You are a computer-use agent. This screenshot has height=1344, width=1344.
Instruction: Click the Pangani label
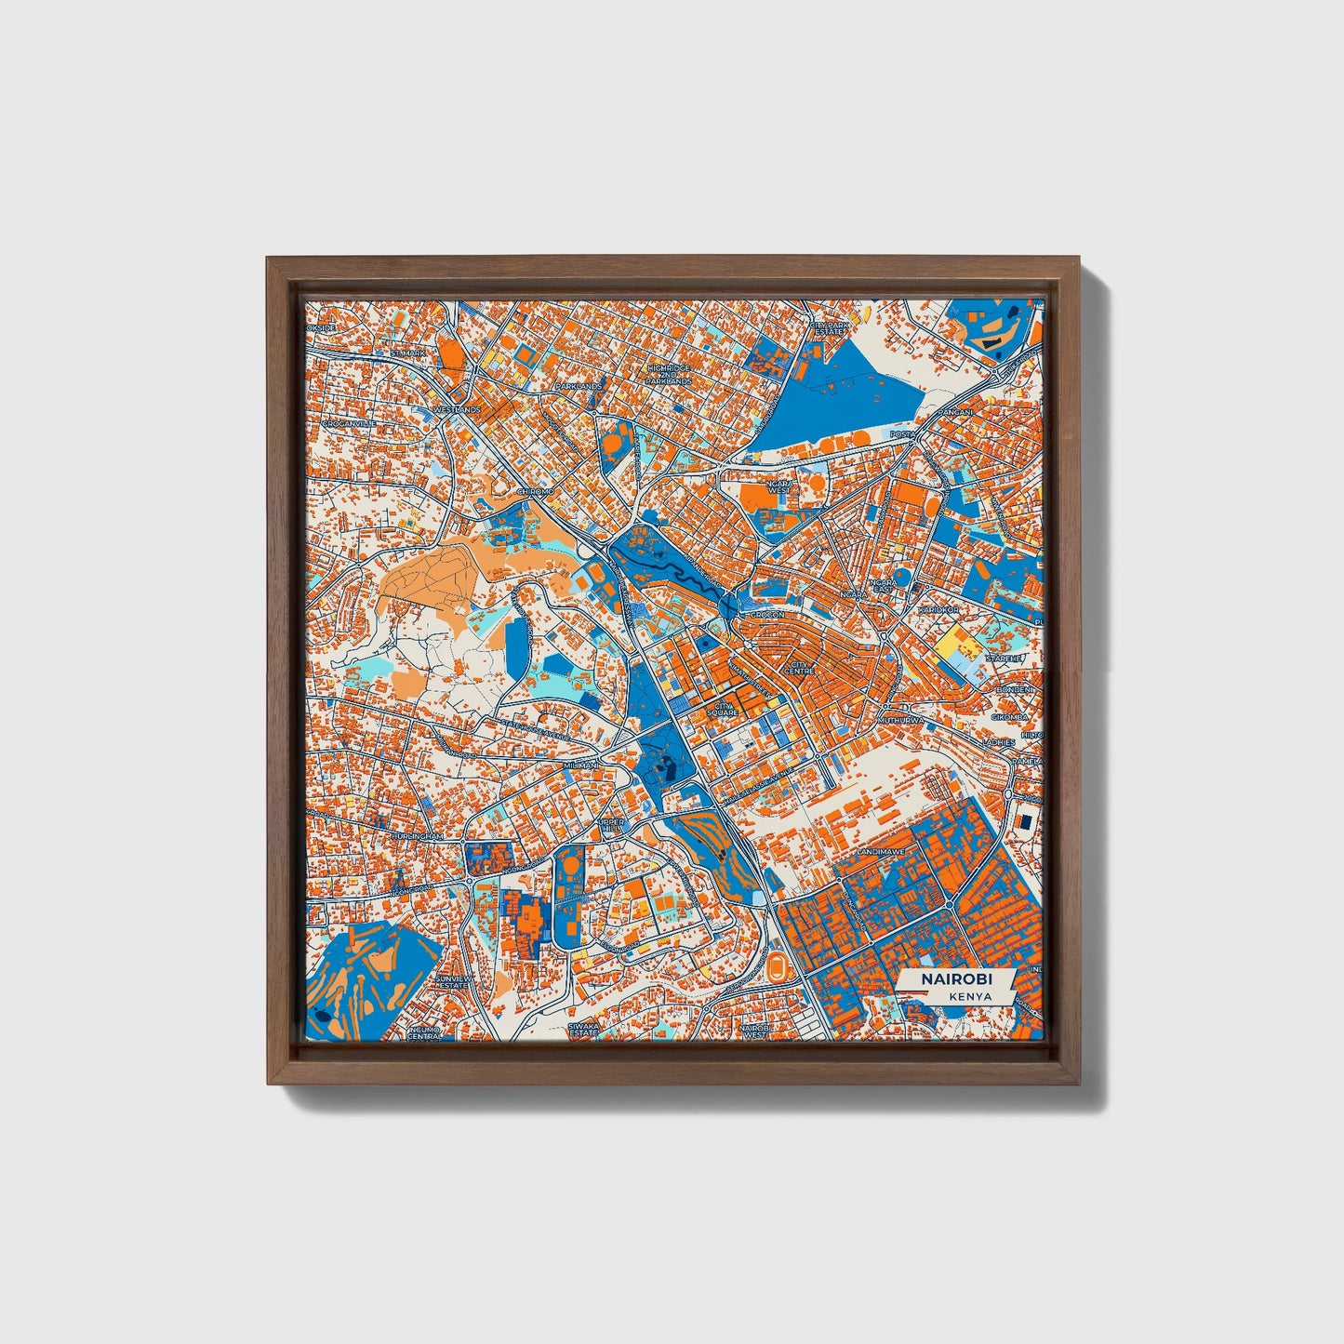tap(954, 411)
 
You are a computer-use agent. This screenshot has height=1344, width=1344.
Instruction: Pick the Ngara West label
tap(778, 487)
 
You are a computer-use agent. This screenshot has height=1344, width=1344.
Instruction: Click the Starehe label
tap(1005, 658)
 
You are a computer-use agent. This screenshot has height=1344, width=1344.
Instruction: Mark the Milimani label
tap(582, 765)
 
